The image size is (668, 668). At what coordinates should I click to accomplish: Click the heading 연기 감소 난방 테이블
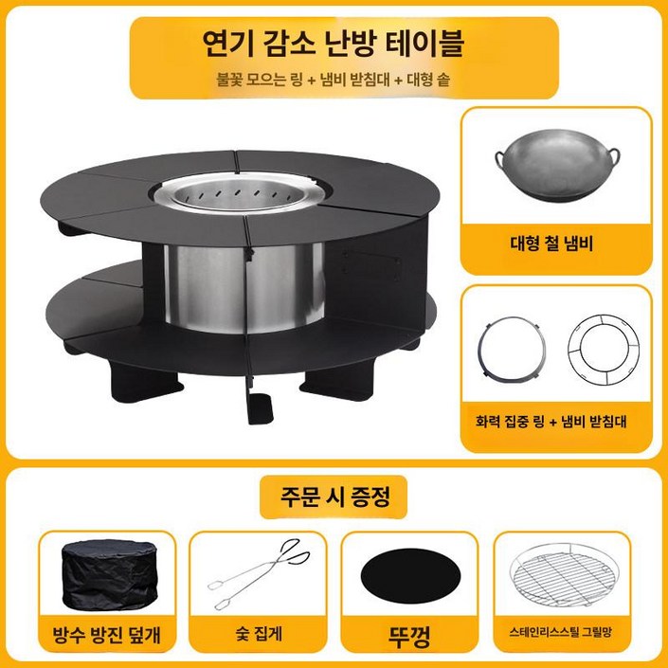pos(334,43)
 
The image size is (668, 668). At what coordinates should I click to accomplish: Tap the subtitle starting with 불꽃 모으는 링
pos(334,80)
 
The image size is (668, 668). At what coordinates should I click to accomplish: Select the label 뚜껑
pos(407,630)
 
